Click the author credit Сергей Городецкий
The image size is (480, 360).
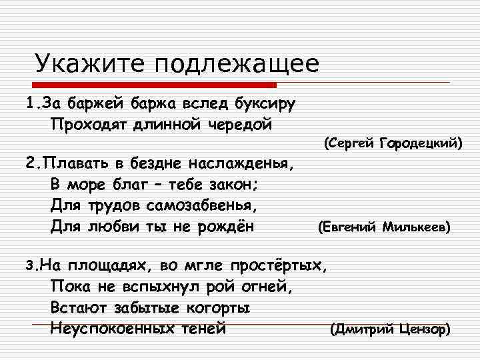point(393,143)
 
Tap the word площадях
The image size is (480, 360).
point(108,266)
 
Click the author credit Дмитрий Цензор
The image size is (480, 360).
point(390,329)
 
